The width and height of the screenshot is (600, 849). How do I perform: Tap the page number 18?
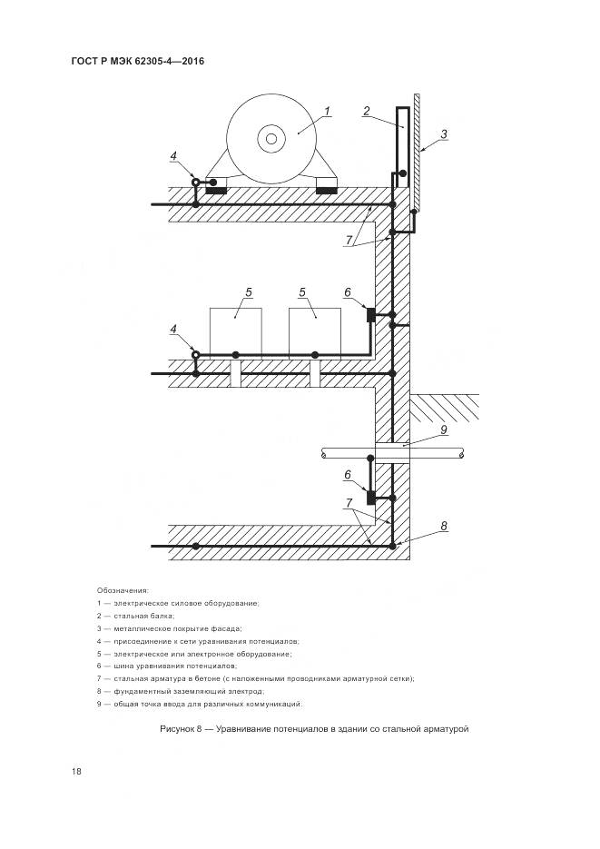click(76, 772)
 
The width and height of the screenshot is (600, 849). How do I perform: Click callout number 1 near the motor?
click(328, 112)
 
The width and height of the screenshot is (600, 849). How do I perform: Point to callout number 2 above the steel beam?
click(366, 112)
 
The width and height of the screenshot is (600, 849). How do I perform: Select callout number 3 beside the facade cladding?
click(444, 134)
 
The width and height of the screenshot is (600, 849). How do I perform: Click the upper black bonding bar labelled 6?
click(370, 314)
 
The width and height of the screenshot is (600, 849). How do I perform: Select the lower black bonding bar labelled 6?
click(370, 497)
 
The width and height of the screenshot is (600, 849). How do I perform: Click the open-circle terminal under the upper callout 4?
click(195, 183)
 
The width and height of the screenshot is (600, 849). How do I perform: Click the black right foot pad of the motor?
click(326, 191)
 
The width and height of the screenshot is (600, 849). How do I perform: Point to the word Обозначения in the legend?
click(123, 590)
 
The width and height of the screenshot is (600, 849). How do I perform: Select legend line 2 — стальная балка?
click(136, 616)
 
